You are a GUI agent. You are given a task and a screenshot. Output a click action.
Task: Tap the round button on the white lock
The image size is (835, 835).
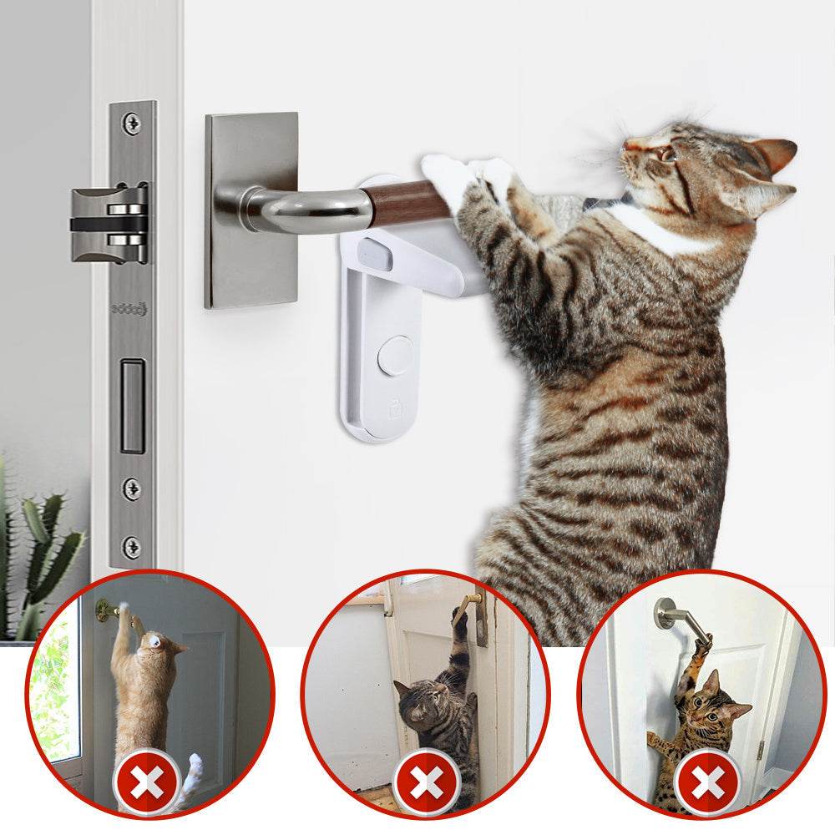point(395,356)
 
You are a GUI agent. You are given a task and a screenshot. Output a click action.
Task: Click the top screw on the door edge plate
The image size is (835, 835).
point(131,124)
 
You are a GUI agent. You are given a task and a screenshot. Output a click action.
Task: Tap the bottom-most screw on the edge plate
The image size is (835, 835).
point(131,547)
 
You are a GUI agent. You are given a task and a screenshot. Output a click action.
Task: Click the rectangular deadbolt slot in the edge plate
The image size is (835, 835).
point(132,406)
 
